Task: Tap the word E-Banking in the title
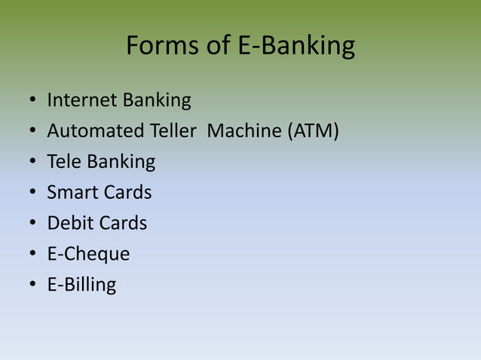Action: (296, 47)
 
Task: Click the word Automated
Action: (95, 131)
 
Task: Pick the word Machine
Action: (244, 131)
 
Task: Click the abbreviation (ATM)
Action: (312, 131)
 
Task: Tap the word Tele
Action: (64, 162)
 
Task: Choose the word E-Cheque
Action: (88, 255)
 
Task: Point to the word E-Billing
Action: (81, 285)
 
